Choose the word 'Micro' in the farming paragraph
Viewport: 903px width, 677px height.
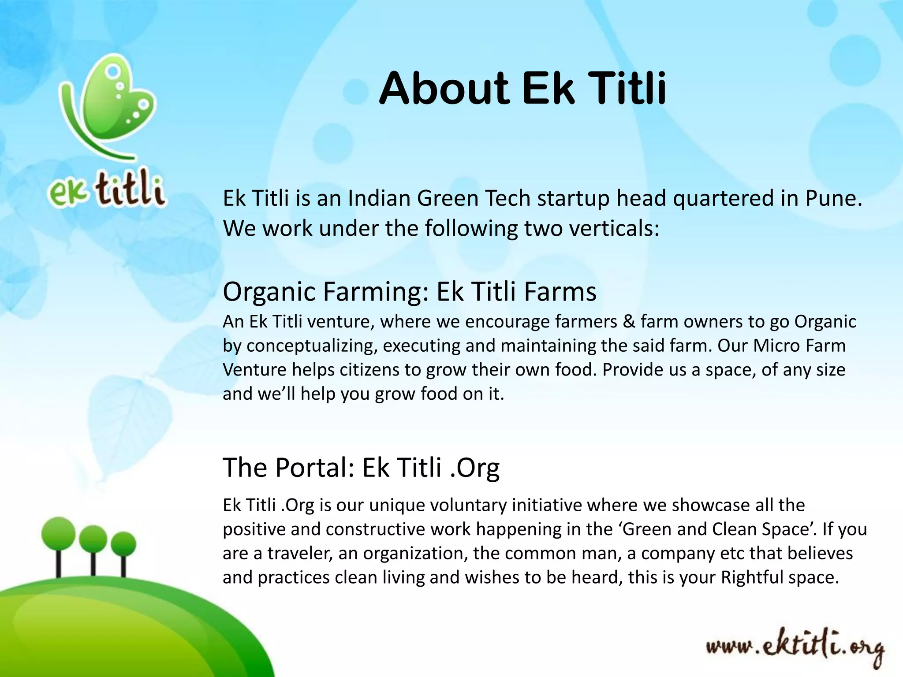(x=770, y=346)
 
